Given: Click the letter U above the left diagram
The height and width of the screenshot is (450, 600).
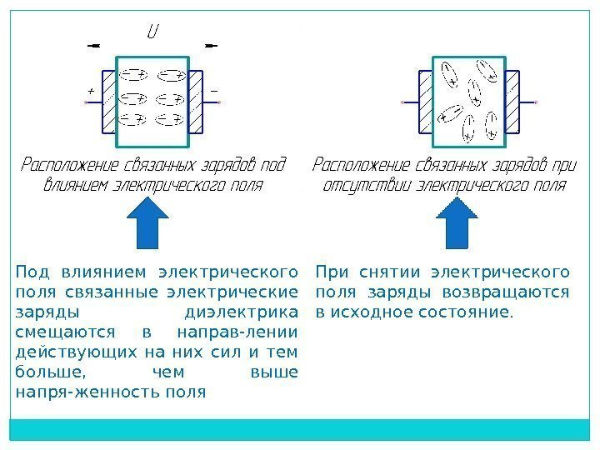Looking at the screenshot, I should click(153, 32).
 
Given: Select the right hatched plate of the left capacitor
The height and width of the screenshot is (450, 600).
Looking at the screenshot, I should click(197, 102).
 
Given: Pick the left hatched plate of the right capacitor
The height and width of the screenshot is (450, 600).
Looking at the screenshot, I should click(425, 102).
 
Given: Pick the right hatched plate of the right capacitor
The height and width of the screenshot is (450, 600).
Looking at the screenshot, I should click(512, 102).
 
